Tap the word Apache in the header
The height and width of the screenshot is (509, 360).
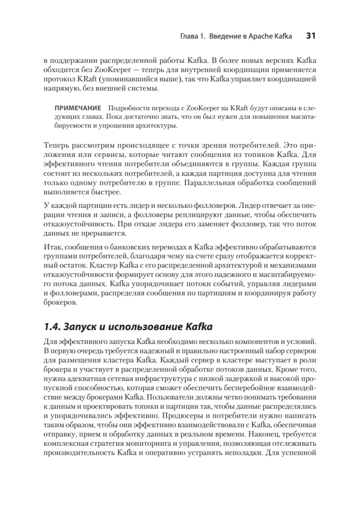(x=265, y=36)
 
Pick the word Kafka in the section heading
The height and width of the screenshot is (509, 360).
(x=198, y=327)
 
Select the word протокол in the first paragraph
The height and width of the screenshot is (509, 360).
(x=59, y=79)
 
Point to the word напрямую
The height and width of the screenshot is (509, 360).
(x=59, y=89)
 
